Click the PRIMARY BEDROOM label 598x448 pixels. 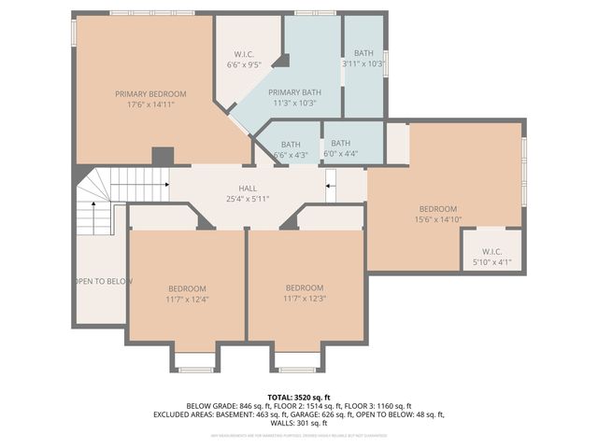pyautogui.click(x=150, y=93)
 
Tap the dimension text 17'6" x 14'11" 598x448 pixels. pyautogui.click(x=150, y=105)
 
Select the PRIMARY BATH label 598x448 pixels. pyautogui.click(x=294, y=92)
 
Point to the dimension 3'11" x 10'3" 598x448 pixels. pyautogui.click(x=363, y=64)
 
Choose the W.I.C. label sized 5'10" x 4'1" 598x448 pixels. pyautogui.click(x=491, y=262)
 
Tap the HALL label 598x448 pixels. pyautogui.click(x=248, y=189)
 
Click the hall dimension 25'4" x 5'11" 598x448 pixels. pyautogui.click(x=248, y=199)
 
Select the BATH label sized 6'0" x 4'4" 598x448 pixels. pyautogui.click(x=340, y=143)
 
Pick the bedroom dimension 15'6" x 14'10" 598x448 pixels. pyautogui.click(x=437, y=219)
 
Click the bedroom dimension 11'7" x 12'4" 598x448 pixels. pyautogui.click(x=187, y=300)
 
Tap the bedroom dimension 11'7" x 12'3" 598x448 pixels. pyautogui.click(x=304, y=299)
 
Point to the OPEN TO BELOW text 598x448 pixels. pyautogui.click(x=100, y=281)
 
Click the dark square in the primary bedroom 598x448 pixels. pyautogui.click(x=163, y=156)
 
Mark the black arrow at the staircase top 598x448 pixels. pyautogui.click(x=165, y=184)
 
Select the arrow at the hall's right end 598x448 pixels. pyautogui.click(x=330, y=185)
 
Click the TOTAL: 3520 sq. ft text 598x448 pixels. pyautogui.click(x=298, y=397)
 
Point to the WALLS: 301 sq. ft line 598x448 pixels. pyautogui.click(x=298, y=423)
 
